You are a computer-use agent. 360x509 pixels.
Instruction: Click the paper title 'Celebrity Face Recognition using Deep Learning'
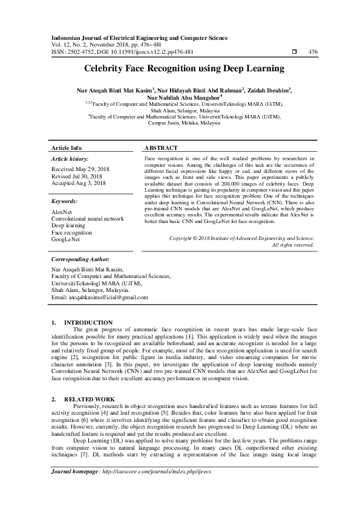coord(180,69)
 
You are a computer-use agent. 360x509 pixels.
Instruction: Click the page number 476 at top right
coord(313,53)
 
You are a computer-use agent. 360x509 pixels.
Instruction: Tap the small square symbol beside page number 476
coord(293,53)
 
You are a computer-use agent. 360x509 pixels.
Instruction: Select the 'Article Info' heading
coord(67,148)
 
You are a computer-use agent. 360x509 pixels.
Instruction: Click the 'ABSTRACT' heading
coord(161,148)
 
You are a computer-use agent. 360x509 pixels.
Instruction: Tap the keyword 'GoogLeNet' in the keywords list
coord(67,240)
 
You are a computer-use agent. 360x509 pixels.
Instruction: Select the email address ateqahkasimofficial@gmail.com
coord(91,298)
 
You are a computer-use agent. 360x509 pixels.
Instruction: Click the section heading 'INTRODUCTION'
coord(88,322)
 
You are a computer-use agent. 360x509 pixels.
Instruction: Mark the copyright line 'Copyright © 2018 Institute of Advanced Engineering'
coord(241,239)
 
